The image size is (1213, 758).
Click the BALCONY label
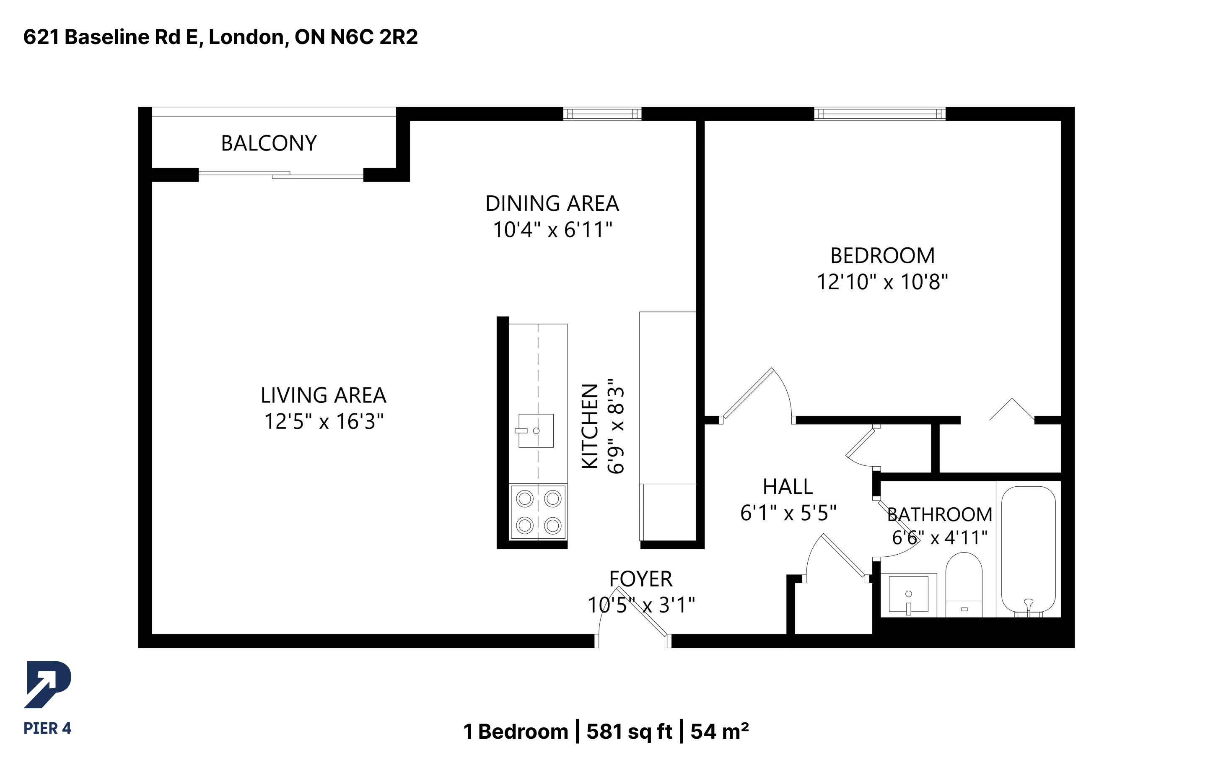pos(269,143)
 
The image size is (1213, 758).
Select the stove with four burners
pos(538,512)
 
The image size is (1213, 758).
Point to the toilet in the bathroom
pos(964,584)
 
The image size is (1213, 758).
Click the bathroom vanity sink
pos(908,594)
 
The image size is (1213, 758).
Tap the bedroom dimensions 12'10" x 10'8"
pos(882,282)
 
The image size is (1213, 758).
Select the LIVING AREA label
pos(324,395)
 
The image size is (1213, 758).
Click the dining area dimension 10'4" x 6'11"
pos(552,230)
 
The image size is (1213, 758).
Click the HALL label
pos(788,487)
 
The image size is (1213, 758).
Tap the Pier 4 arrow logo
pos(48,684)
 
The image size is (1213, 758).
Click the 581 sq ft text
pos(629,732)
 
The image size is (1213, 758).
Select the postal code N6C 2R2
pos(374,37)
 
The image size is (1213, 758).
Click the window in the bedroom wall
pos(880,114)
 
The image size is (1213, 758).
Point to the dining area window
pos(602,114)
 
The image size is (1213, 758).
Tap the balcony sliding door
pos(281,175)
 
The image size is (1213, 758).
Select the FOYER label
pos(641,579)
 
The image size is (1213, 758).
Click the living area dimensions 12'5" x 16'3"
pos(324,422)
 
